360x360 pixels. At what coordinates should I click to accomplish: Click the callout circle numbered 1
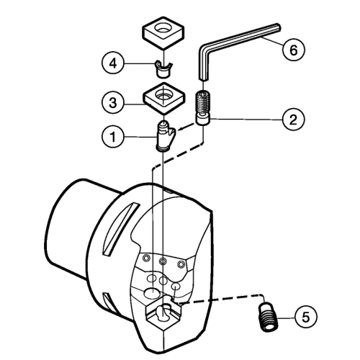tap(113, 137)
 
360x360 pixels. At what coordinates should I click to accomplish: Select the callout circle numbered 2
tap(293, 120)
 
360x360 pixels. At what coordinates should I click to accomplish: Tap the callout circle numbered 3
tap(113, 103)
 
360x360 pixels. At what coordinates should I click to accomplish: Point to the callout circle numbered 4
tap(113, 63)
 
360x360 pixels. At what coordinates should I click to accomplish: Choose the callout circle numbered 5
tap(305, 318)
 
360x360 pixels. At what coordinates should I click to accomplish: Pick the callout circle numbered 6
tap(294, 50)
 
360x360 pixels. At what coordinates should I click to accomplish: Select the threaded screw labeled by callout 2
tap(203, 107)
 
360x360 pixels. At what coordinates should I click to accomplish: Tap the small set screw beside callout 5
tap(269, 317)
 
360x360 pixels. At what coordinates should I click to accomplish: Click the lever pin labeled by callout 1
tap(166, 136)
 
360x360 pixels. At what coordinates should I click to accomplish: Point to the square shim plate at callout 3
tap(164, 98)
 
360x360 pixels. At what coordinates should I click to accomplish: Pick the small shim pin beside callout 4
tap(163, 69)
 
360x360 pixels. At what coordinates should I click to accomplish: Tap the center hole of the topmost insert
tap(164, 27)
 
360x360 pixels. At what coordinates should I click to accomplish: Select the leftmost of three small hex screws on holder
tap(145, 258)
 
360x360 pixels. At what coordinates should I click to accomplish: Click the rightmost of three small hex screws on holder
tap(181, 264)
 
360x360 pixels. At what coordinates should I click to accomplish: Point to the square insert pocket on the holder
tap(163, 315)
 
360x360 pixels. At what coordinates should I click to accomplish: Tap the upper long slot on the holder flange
tap(121, 229)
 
